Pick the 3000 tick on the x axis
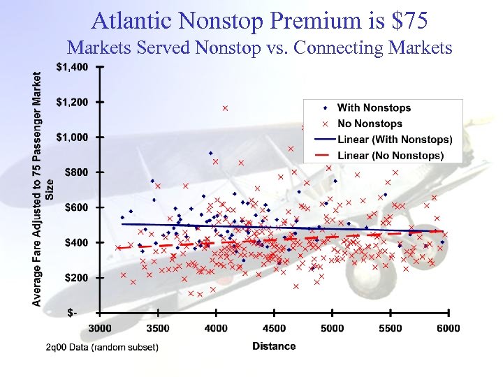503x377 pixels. (x=100, y=328)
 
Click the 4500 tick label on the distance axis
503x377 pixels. (x=274, y=328)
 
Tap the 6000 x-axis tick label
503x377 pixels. (x=448, y=328)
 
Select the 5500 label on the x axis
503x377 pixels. (x=390, y=328)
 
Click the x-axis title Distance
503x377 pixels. (x=274, y=346)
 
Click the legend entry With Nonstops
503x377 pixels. (x=374, y=108)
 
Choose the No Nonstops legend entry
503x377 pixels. (x=370, y=124)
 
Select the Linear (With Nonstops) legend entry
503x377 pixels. (x=394, y=140)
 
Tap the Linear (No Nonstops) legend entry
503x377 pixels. (x=390, y=156)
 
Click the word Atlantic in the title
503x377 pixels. (x=132, y=20)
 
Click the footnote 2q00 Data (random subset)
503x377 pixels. (x=102, y=347)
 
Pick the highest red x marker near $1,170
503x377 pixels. (x=225, y=108)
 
